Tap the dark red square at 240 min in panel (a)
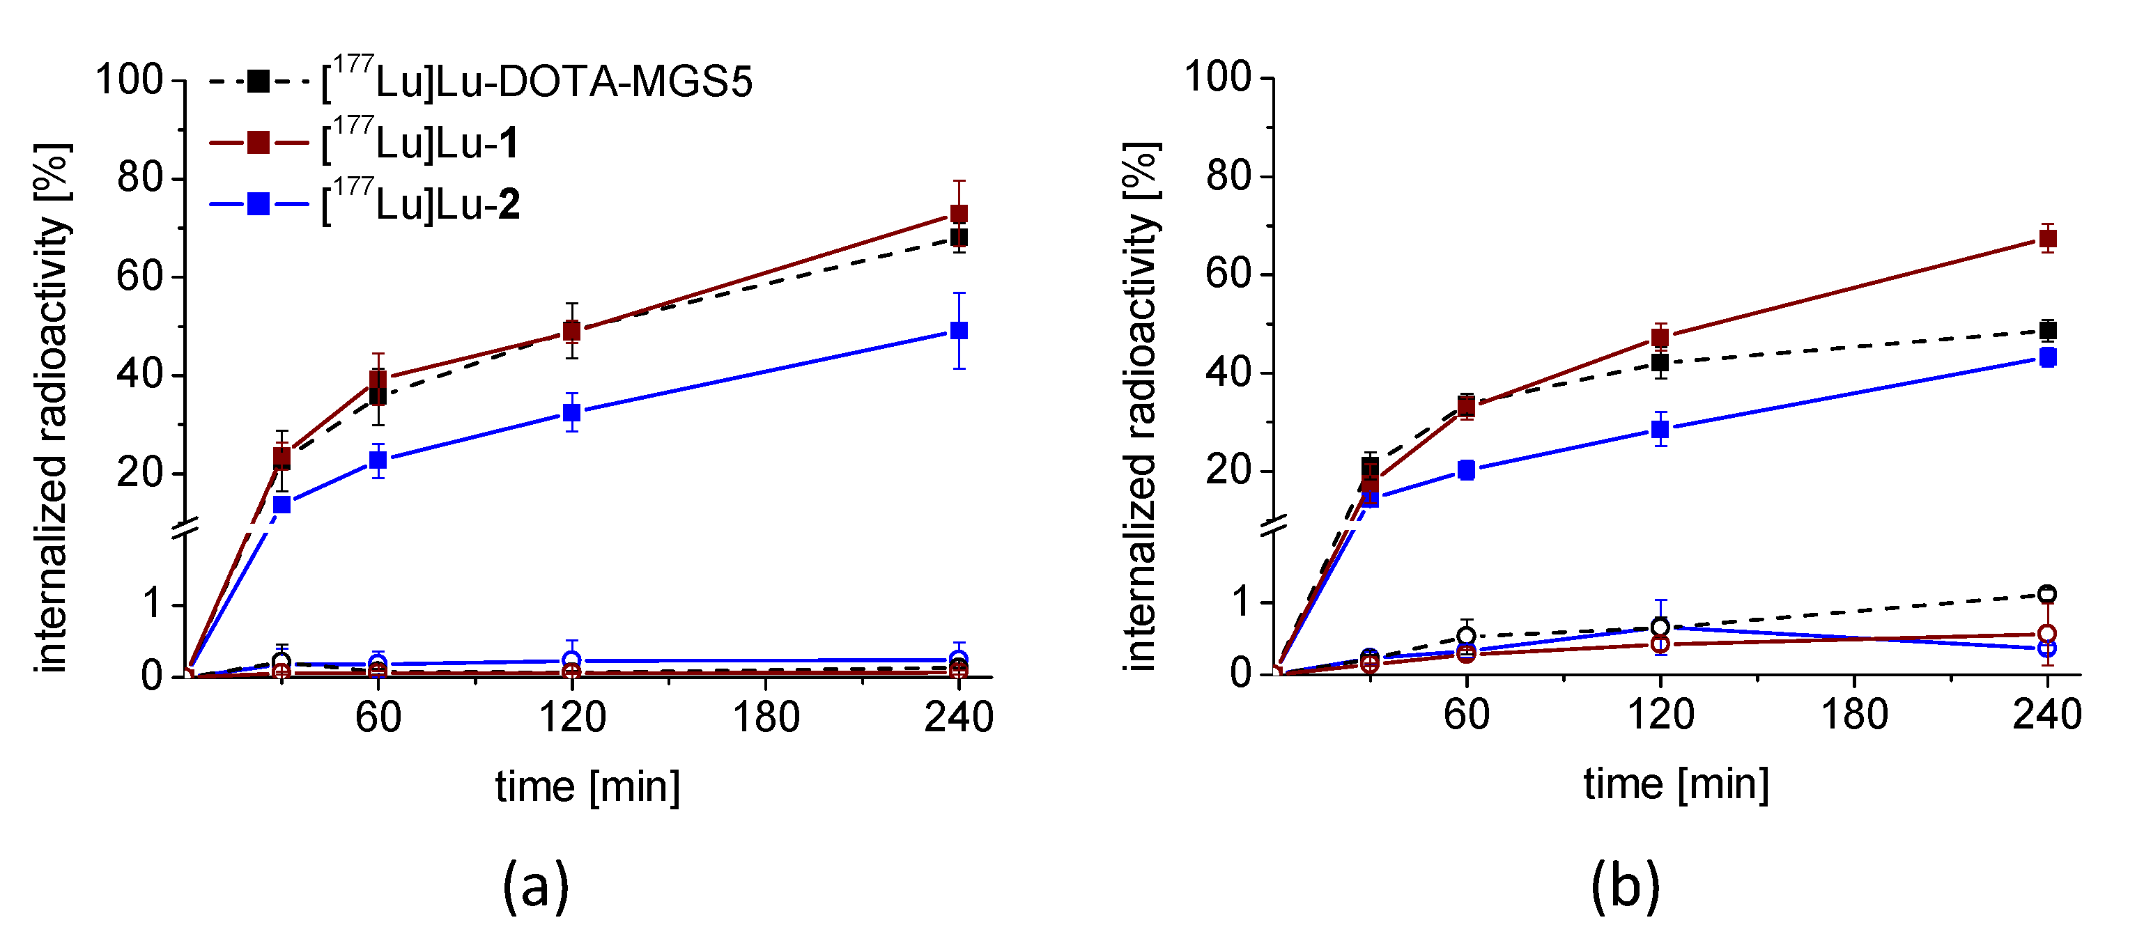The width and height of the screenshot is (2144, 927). pyautogui.click(x=959, y=214)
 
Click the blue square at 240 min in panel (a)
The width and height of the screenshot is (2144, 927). pyautogui.click(x=959, y=330)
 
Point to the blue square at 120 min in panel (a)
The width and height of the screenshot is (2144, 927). pyautogui.click(x=572, y=412)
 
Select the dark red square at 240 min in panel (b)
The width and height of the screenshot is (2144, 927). pyautogui.click(x=2047, y=239)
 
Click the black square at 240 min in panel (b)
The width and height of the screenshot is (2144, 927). pyautogui.click(x=2047, y=330)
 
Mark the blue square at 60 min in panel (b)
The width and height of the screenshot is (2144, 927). pyautogui.click(x=1467, y=470)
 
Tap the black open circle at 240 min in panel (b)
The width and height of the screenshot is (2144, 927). pyautogui.click(x=2047, y=594)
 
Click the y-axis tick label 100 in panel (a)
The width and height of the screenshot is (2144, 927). pyautogui.click(x=129, y=80)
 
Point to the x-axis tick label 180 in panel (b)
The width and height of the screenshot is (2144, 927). pyautogui.click(x=1854, y=715)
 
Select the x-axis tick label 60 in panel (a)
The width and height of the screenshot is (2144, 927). pyautogui.click(x=378, y=717)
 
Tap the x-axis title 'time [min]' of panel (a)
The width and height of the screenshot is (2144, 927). pyautogui.click(x=587, y=786)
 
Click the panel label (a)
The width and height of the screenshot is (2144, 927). pyautogui.click(x=535, y=885)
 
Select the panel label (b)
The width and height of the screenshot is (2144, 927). pyautogui.click(x=1625, y=885)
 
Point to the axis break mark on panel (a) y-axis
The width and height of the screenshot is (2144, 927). pyautogui.click(x=184, y=527)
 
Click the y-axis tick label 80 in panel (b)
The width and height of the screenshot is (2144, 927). pyautogui.click(x=1228, y=176)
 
